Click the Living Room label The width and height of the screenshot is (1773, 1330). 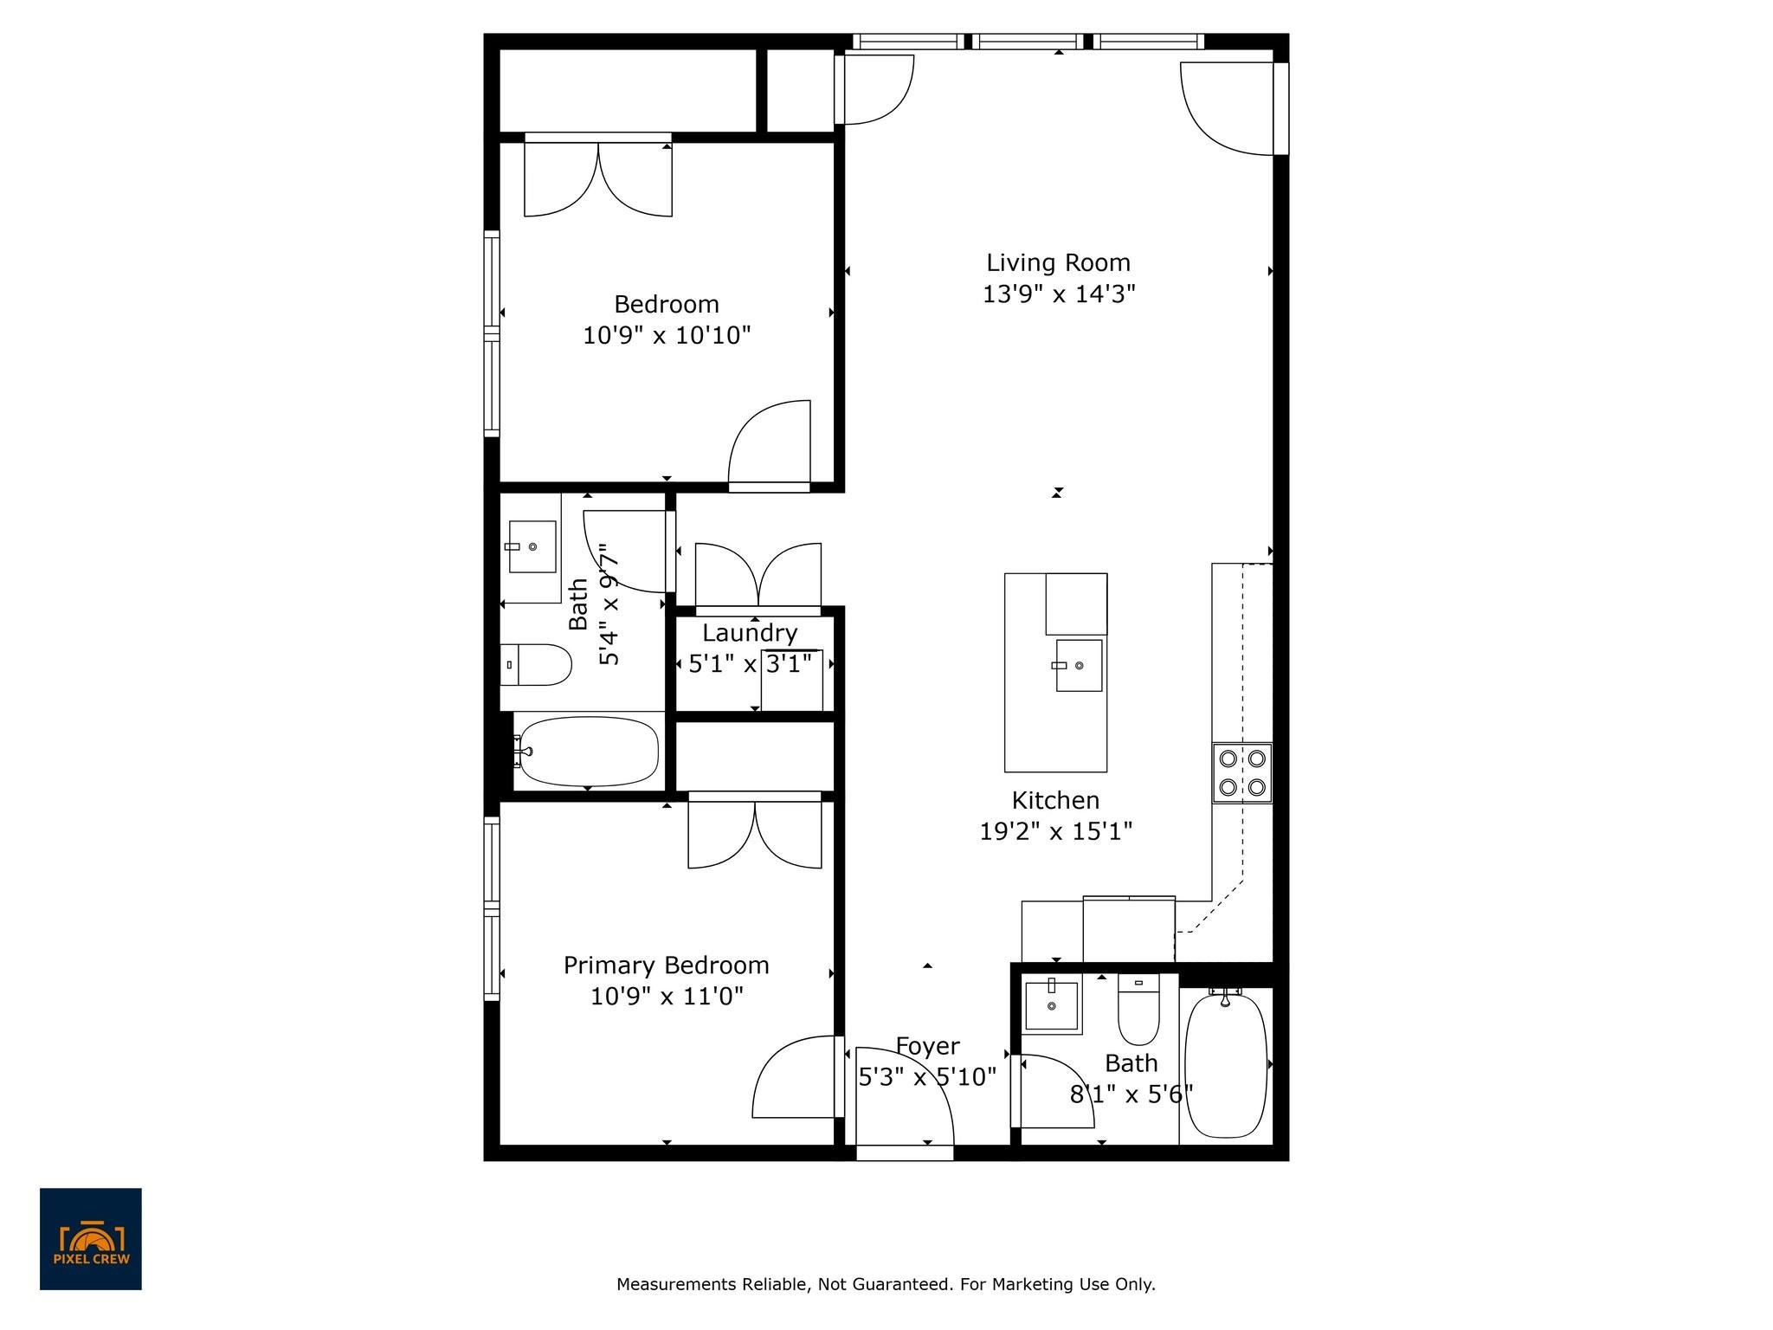pyautogui.click(x=1058, y=262)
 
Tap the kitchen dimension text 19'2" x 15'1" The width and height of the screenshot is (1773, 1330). pyautogui.click(x=1055, y=832)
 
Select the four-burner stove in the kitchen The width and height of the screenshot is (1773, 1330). pyautogui.click(x=1242, y=773)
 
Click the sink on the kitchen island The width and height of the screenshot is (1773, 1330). pyautogui.click(x=1079, y=665)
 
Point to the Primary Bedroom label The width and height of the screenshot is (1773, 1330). pyautogui.click(x=666, y=965)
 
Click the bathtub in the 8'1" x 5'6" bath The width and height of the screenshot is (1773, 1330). pyautogui.click(x=1225, y=1065)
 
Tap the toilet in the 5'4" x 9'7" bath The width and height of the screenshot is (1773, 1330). pyautogui.click(x=536, y=665)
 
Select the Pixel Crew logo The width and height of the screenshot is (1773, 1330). pyautogui.click(x=91, y=1239)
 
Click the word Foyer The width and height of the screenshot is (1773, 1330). pyautogui.click(x=927, y=1047)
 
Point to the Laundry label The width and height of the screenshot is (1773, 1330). pyautogui.click(x=750, y=633)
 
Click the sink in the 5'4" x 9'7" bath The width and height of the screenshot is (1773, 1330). pyautogui.click(x=532, y=546)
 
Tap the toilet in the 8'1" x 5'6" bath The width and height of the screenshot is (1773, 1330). pyautogui.click(x=1138, y=1010)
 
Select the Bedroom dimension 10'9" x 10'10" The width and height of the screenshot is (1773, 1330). pyautogui.click(x=667, y=335)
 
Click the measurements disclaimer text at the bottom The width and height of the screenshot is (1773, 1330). pyautogui.click(x=886, y=1284)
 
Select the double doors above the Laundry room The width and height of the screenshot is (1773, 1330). pyautogui.click(x=758, y=575)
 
